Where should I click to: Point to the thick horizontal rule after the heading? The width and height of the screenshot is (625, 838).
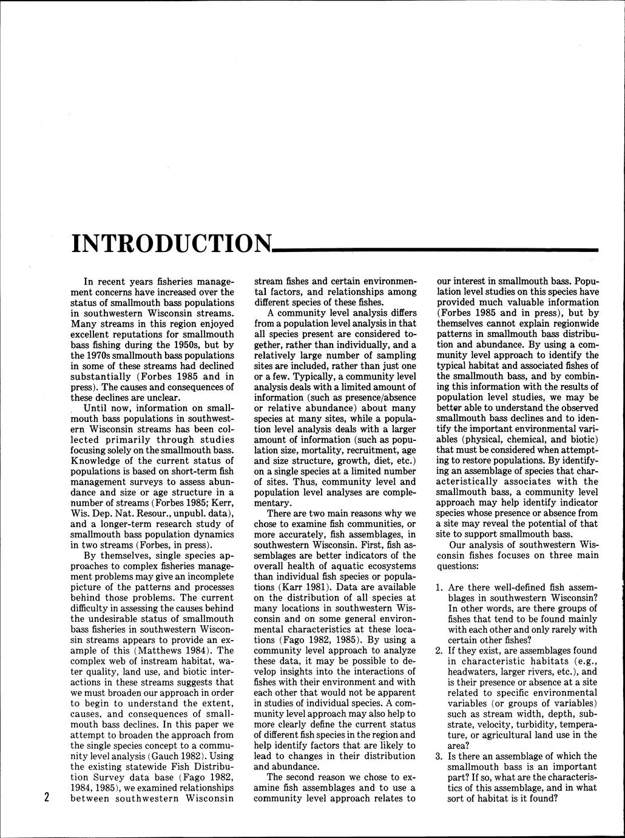(434, 249)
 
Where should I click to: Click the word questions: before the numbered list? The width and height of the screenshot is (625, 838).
(458, 565)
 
